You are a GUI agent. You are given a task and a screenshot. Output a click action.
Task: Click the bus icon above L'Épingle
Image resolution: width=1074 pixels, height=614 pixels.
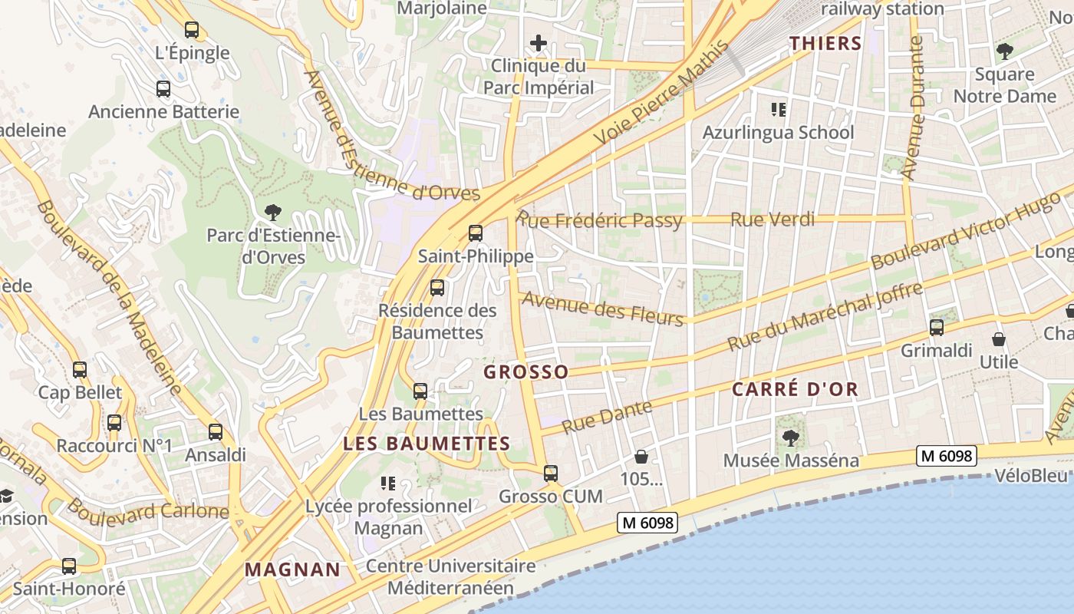(x=192, y=30)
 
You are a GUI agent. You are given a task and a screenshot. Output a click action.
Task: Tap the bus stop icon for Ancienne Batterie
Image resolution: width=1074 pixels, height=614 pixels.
(x=163, y=89)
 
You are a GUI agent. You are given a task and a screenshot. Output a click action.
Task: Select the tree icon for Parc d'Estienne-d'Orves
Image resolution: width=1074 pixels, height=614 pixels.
(x=272, y=212)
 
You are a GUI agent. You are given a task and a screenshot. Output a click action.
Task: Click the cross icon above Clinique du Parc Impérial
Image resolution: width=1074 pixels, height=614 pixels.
(x=539, y=43)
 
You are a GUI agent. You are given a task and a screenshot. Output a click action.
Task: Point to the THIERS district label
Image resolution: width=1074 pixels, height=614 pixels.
(x=826, y=44)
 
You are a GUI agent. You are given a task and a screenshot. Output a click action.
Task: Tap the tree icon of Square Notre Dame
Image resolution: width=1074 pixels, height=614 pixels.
(x=1004, y=51)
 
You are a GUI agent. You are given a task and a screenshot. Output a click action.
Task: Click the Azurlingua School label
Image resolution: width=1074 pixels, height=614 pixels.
(x=778, y=132)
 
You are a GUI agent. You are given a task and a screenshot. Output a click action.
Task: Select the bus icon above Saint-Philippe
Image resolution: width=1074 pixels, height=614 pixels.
(x=476, y=233)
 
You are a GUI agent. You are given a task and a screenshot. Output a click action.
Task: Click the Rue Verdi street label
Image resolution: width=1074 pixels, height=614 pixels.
(x=773, y=220)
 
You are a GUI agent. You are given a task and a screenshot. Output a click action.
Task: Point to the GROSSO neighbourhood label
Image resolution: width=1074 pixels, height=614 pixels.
(x=526, y=372)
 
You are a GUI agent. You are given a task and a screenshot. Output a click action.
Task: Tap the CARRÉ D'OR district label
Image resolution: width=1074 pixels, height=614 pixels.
(x=795, y=389)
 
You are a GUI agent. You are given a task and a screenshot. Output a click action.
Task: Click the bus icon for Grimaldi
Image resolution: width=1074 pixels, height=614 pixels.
(x=937, y=328)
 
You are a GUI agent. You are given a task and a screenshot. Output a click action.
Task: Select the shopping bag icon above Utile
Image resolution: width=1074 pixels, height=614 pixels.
(x=999, y=338)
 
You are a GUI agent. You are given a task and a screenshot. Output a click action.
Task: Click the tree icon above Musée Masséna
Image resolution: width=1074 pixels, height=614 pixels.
(x=791, y=437)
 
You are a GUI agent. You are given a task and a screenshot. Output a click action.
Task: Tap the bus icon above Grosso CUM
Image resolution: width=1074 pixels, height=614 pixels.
(x=551, y=474)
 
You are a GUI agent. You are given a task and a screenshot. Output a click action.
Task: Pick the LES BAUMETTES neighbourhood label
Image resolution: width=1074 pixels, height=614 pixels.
(x=427, y=444)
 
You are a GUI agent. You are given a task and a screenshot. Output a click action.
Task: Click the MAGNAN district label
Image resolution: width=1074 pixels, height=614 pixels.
(x=292, y=569)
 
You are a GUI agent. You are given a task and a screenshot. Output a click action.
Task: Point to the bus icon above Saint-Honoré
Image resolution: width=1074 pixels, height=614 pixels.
(x=69, y=566)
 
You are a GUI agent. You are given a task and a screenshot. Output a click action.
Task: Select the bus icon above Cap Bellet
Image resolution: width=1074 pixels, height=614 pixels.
(x=80, y=370)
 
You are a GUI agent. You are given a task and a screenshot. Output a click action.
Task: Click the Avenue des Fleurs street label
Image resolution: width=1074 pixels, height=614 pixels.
(x=602, y=309)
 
